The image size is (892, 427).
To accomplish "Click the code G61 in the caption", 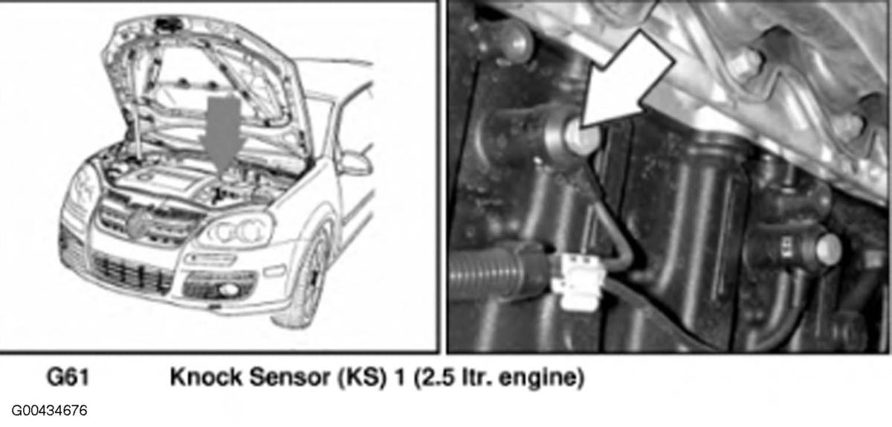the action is click(x=68, y=377).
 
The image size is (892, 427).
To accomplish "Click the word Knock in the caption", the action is click(x=206, y=377).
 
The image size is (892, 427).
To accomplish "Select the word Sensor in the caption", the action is click(x=289, y=377).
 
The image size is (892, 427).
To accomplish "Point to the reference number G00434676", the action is click(x=49, y=411).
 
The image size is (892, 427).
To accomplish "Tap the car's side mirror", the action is click(x=353, y=164).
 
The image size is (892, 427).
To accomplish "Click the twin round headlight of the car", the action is click(x=237, y=231).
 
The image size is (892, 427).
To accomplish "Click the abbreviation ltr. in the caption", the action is click(x=476, y=377).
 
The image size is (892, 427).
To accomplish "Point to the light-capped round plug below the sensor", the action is click(x=828, y=248).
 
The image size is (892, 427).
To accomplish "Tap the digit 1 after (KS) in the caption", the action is click(x=399, y=377).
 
